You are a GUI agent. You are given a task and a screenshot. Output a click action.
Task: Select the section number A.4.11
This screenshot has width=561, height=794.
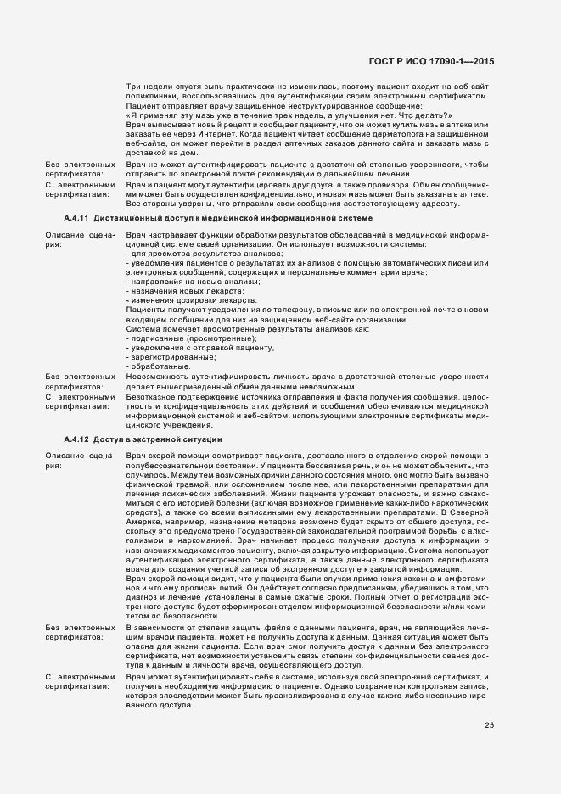(x=77, y=219)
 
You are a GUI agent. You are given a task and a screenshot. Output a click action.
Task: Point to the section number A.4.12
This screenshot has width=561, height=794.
(x=77, y=439)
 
